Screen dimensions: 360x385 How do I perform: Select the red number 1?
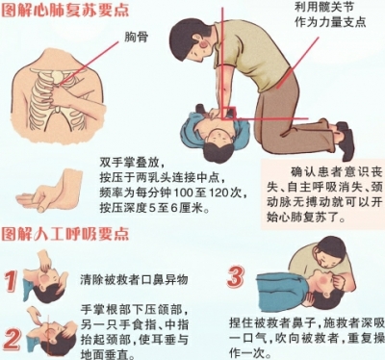tap(13, 280)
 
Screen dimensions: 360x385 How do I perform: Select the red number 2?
tap(13, 337)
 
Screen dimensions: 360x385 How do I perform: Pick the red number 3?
tap(235, 278)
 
